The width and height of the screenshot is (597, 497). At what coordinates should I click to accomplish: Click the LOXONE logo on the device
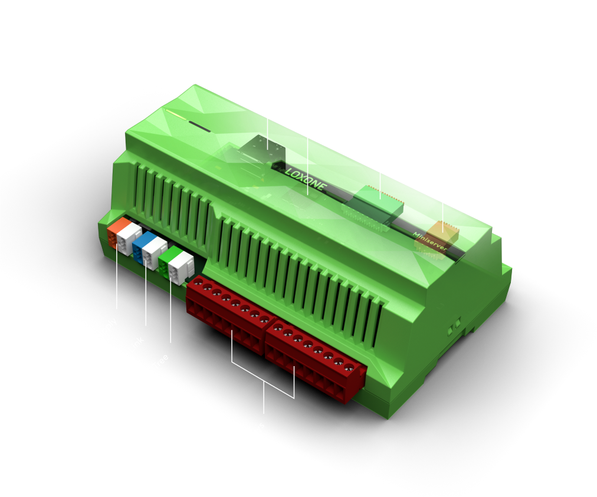click(306, 180)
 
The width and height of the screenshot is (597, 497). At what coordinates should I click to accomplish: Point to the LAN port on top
click(262, 146)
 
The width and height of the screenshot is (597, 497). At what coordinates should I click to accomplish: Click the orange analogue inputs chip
click(442, 233)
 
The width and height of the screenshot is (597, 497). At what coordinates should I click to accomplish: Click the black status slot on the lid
click(199, 126)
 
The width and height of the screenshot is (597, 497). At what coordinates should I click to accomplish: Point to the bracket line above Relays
click(264, 383)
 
